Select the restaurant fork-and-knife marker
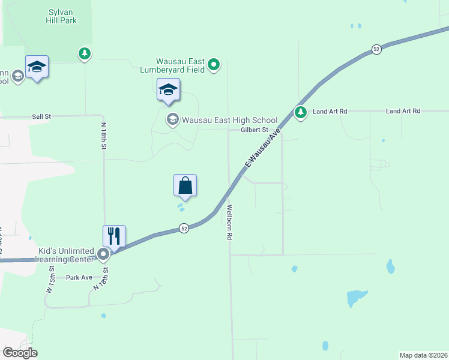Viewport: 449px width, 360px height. point(114,235)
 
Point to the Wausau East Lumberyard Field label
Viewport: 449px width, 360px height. point(180,65)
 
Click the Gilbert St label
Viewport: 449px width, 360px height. point(254,130)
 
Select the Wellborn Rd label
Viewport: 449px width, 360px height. point(229,223)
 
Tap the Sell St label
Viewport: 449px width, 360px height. point(41,116)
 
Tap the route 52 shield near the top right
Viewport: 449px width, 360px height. point(376,49)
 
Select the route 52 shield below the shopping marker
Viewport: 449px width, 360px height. point(184,228)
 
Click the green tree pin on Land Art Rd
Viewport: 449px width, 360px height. point(301,112)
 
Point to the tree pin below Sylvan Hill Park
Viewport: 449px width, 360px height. point(85,54)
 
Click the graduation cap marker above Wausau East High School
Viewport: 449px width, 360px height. point(168,91)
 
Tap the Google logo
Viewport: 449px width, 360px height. point(20,352)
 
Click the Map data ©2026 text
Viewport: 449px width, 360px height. point(423,355)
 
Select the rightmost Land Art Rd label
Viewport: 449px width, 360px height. point(403,111)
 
